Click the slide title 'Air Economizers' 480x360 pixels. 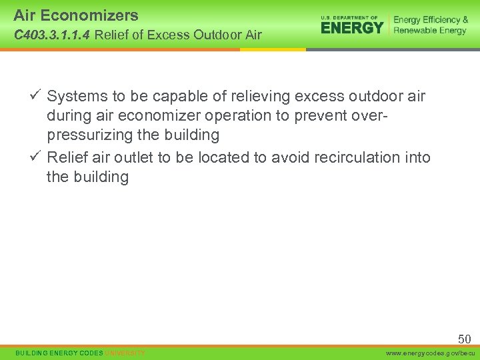coord(76,15)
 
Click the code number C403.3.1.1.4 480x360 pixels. coord(51,35)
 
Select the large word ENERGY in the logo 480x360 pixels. coord(352,27)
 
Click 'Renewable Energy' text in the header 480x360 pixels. coord(430,31)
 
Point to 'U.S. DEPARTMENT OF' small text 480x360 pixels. coord(349,17)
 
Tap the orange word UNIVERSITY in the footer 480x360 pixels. coord(125,353)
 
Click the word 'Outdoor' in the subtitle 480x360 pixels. coord(206,35)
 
